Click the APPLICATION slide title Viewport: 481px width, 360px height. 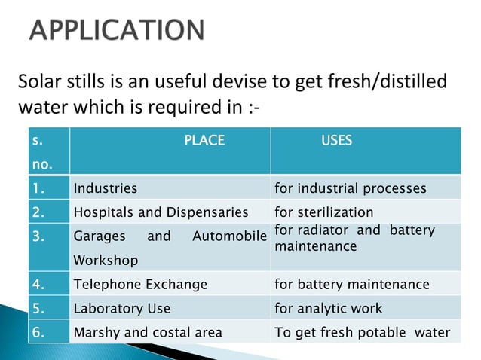pyautogui.click(x=117, y=31)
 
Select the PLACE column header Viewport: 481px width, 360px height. pyautogui.click(x=204, y=140)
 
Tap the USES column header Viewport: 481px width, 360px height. pyautogui.click(x=336, y=140)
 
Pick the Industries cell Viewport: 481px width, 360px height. pyautogui.click(x=106, y=188)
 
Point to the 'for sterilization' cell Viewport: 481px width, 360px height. pyautogui.click(x=324, y=212)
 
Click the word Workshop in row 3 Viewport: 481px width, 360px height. pyautogui.click(x=106, y=260)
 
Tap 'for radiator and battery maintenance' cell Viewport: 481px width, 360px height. pyautogui.click(x=354, y=238)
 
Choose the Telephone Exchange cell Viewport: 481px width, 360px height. pyautogui.click(x=140, y=284)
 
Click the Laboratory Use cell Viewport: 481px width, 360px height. pyautogui.click(x=122, y=308)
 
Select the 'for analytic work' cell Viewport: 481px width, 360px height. pyautogui.click(x=329, y=308)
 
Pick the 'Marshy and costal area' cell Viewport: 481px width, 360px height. pyautogui.click(x=148, y=332)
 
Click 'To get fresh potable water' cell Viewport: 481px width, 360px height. pyautogui.click(x=362, y=332)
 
